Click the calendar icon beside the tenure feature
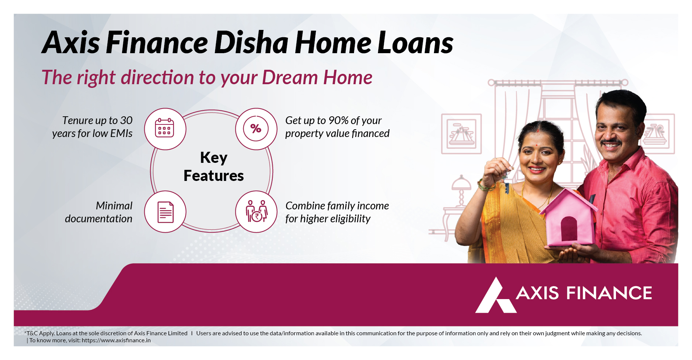click(x=165, y=128)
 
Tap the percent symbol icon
click(x=256, y=128)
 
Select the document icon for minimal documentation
click(x=165, y=212)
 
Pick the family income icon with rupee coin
click(x=257, y=211)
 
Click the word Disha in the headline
click(x=251, y=43)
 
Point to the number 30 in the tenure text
click(x=126, y=120)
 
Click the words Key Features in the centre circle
click(x=214, y=167)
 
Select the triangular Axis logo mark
click(x=495, y=295)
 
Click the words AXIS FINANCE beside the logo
click(x=584, y=293)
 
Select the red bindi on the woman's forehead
click(x=536, y=144)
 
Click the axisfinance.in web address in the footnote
click(x=116, y=340)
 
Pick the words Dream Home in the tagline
click(x=317, y=78)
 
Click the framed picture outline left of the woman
click(x=461, y=134)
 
